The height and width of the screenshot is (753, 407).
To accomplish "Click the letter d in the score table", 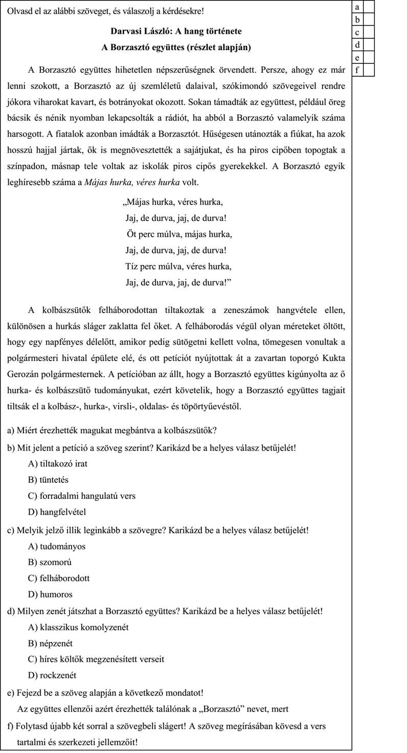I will pyautogui.click(x=357, y=45).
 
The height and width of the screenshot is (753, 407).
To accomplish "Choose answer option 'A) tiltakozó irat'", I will pyautogui.click(x=61, y=464).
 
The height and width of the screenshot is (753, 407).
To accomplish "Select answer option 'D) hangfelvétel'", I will pyautogui.click(x=57, y=512).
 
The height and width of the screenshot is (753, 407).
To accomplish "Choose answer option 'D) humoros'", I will pyautogui.click(x=51, y=594).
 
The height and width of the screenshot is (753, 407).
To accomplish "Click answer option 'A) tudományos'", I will pyautogui.click(x=57, y=546).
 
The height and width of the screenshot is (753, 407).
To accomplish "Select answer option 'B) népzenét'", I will pyautogui.click(x=52, y=644).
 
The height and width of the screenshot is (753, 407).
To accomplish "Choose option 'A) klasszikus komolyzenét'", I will pyautogui.click(x=78, y=627).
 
